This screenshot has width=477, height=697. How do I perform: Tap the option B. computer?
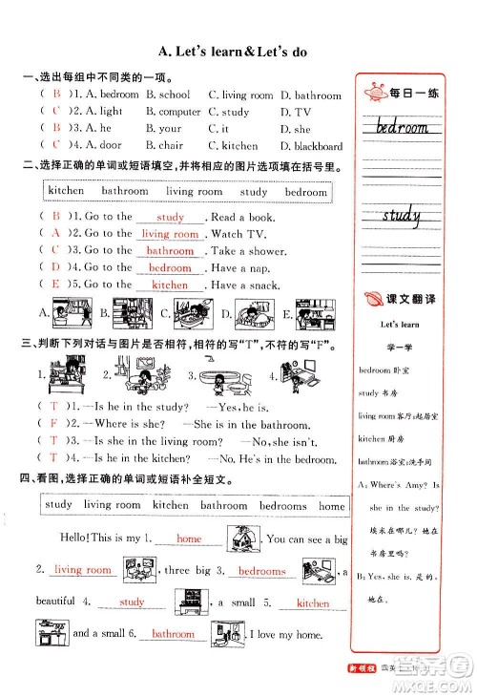pos(174,112)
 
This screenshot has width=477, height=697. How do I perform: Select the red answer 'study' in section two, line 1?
pos(170,218)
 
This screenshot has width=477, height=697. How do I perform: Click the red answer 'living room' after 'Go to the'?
pos(170,234)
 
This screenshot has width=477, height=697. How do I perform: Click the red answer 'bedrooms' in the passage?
pos(261,572)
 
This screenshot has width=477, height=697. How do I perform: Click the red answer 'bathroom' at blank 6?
pos(173,634)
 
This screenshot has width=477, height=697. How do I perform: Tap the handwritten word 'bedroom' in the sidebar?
pos(402,127)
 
